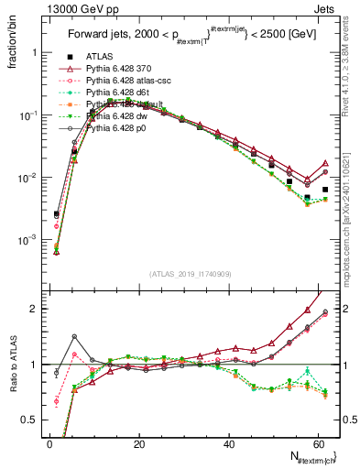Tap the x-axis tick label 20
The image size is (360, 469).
pos(138,444)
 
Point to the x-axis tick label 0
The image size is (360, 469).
pos(49,444)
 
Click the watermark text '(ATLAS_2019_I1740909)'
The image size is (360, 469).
pos(189,274)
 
